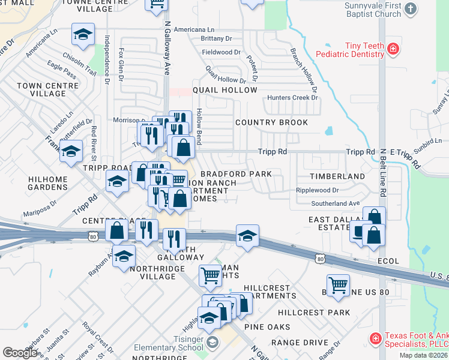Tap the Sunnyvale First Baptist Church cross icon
click(411, 8)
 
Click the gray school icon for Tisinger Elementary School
click(211, 343)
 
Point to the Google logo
click(19, 353)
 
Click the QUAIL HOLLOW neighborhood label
click(225, 90)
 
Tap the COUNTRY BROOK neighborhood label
click(263, 122)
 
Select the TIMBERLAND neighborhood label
click(337, 176)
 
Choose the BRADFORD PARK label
click(236, 174)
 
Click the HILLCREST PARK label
click(314, 313)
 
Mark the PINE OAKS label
click(267, 327)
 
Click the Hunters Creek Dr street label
click(292, 98)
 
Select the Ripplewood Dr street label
click(317, 190)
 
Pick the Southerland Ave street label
click(335, 203)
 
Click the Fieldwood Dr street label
click(221, 52)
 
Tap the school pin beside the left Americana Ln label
click(83, 35)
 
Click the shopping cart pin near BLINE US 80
click(338, 286)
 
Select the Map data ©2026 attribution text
click(423, 355)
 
